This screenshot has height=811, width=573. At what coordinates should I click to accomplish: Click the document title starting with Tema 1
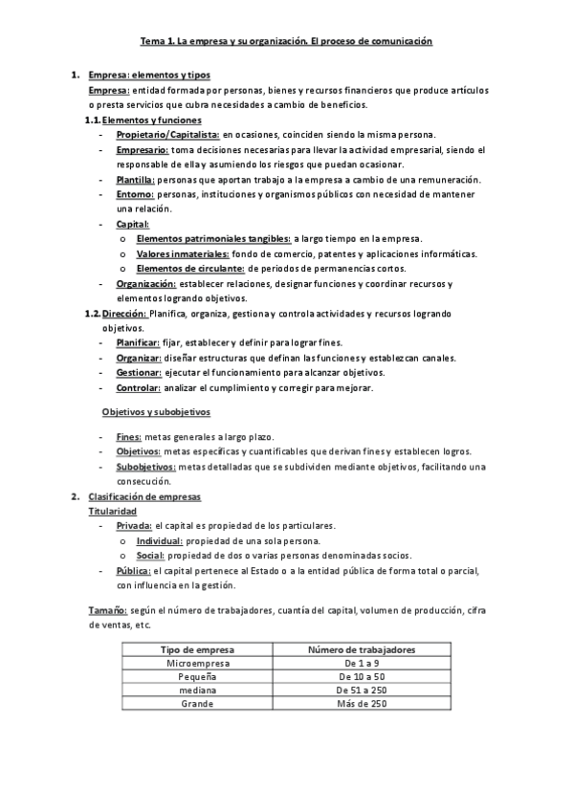pyautogui.click(x=287, y=42)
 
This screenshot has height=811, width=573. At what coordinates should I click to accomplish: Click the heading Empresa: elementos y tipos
pyautogui.click(x=149, y=76)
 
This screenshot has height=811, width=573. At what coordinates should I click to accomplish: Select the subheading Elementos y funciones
pyautogui.click(x=151, y=121)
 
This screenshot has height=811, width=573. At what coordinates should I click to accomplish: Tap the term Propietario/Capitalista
pyautogui.click(x=168, y=136)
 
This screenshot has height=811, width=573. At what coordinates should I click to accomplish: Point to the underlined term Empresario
pyautogui.click(x=143, y=150)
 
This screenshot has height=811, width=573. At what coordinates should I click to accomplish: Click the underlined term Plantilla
pyautogui.click(x=136, y=180)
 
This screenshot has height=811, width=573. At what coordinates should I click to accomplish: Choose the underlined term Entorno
pyautogui.click(x=134, y=194)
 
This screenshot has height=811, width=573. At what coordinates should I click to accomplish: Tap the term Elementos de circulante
pyautogui.click(x=191, y=269)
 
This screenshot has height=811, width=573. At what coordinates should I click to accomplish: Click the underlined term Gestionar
pyautogui.click(x=139, y=372)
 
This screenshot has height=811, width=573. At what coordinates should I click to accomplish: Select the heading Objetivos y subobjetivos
pyautogui.click(x=155, y=412)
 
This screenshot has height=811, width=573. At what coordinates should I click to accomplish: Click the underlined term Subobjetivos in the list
pyautogui.click(x=145, y=467)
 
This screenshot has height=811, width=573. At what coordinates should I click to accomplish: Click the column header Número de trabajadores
pyautogui.click(x=361, y=649)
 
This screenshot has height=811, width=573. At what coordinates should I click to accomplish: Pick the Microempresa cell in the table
pyautogui.click(x=198, y=663)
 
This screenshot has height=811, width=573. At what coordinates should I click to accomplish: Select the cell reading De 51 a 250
pyautogui.click(x=361, y=690)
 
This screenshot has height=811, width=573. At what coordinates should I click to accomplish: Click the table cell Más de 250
pyautogui.click(x=361, y=704)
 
